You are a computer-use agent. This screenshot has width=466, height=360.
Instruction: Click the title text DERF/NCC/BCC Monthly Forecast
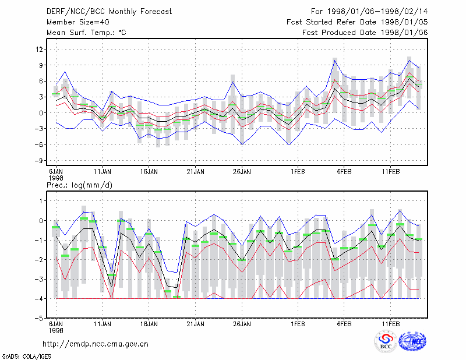[x=109, y=12]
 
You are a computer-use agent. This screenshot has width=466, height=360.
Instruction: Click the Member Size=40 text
[x=78, y=22]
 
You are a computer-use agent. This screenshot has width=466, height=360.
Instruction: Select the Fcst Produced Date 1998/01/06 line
[x=365, y=33]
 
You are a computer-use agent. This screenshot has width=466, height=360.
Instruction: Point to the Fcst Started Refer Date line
[x=357, y=22]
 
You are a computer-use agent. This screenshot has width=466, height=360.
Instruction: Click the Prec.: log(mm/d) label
[x=79, y=185]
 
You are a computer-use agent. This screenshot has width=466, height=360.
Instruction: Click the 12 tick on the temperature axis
[x=39, y=49]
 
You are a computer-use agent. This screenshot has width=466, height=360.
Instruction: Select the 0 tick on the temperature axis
[x=41, y=113]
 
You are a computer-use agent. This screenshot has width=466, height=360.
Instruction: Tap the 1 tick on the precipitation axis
[x=41, y=201]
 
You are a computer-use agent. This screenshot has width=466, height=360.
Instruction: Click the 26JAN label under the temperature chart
[x=242, y=172]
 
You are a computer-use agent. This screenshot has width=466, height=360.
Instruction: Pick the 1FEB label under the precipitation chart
[x=298, y=324]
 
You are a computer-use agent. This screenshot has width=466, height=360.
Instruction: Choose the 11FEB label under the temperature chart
[x=391, y=172]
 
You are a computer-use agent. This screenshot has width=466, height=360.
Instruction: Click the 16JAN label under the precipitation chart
[x=149, y=324]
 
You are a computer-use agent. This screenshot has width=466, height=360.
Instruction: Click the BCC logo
[x=386, y=341]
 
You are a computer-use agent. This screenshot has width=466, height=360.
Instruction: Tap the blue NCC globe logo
[x=412, y=341]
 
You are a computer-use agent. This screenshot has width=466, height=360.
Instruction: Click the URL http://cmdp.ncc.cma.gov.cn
[x=96, y=344]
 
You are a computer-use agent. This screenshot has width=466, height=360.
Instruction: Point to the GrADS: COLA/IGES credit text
[x=27, y=357]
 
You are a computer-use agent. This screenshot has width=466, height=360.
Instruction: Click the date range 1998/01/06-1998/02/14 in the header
[x=377, y=12]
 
